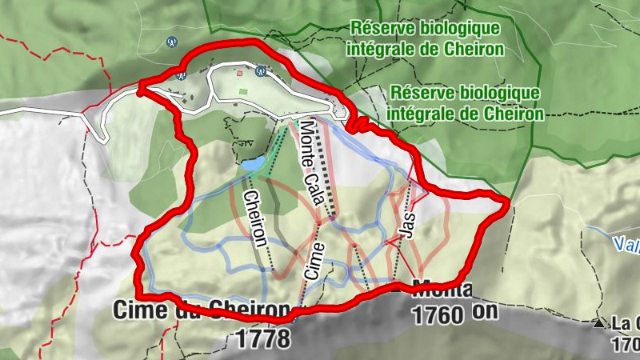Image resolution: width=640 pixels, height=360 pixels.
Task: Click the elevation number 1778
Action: click(263, 338)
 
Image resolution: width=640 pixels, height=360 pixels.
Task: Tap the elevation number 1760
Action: click(438, 315)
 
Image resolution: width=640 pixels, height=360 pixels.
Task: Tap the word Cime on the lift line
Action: click(314, 260)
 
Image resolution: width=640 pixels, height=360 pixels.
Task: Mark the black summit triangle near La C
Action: click(599, 323)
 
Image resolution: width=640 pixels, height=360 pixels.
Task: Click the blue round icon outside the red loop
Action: click(170, 42)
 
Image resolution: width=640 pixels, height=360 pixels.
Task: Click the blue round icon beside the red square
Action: click(260, 70)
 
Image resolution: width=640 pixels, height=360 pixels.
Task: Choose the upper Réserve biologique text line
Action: click(425, 28)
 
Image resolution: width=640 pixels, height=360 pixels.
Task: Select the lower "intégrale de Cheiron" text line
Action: click(465, 114)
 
